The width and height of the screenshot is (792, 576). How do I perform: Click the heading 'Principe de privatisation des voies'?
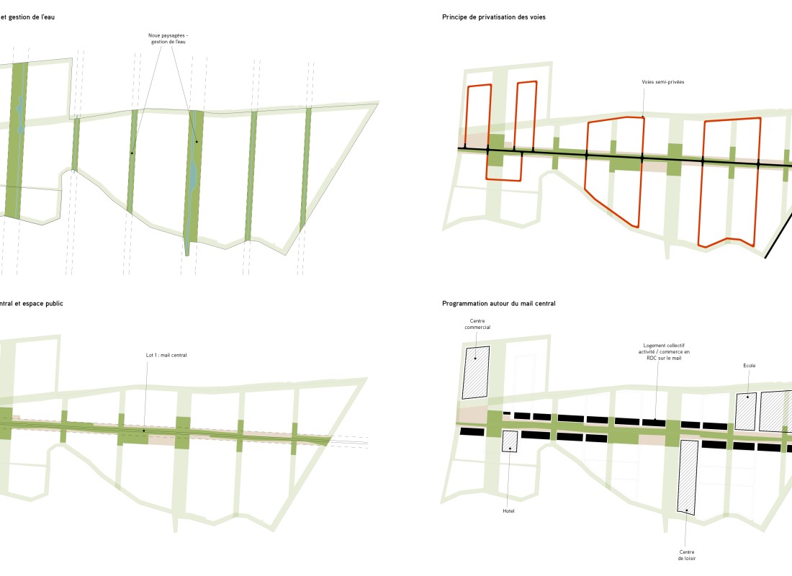coord(494,16)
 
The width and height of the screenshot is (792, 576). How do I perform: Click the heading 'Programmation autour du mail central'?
coord(498,304)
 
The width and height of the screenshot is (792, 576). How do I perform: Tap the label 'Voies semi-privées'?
coord(662,82)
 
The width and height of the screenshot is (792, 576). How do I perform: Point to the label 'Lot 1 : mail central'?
coord(166,355)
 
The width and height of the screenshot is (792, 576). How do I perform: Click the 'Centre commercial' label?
coord(480,324)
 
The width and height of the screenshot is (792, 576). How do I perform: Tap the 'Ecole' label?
coord(750,366)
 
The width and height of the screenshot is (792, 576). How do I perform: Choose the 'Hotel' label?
coord(508,510)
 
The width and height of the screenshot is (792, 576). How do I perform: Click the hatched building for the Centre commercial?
coord(476,372)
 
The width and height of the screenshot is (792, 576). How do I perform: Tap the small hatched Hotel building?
coord(510,441)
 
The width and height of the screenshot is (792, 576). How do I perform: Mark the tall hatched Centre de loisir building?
coord(688,477)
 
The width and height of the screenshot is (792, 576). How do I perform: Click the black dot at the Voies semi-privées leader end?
coord(643,117)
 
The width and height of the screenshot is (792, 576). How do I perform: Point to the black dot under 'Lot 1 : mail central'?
coord(143,431)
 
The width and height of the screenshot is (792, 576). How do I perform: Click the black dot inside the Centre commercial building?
coord(475,358)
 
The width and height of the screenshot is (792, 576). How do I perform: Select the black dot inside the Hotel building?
coord(510,449)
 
